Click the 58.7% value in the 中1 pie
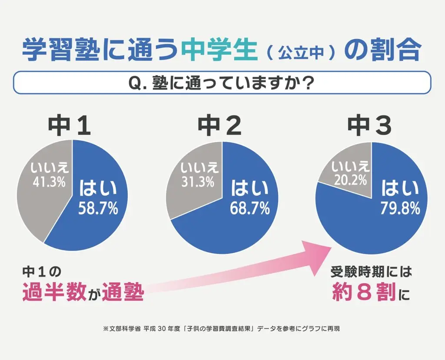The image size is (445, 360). pos(98,209)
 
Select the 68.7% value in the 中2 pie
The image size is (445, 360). pos(250,209)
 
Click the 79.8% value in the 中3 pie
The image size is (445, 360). pos(400,209)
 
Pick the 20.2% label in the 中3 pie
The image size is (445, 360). pos(350,179)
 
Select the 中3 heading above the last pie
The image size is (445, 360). pos(370,126)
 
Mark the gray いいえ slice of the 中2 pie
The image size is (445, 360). pos(191,200)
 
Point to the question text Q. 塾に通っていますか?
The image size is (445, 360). pos(222,83)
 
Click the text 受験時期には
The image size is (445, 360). pos(371,273)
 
